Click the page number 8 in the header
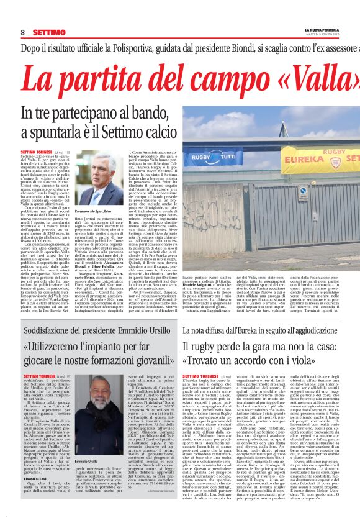pyautogui.click(x=23, y=32)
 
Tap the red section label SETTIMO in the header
pyautogui.click(x=49, y=32)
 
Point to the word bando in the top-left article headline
pyautogui.click(x=134, y=114)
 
